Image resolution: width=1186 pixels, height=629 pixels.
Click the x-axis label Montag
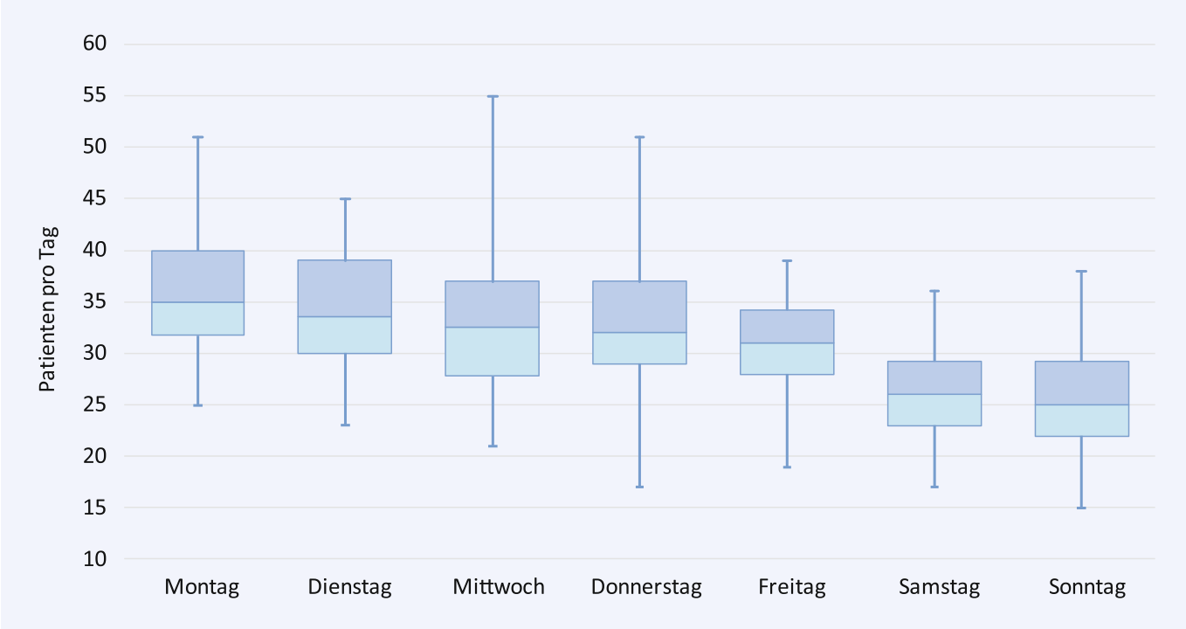click(x=202, y=586)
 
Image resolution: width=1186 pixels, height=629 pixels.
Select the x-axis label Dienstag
click(x=349, y=586)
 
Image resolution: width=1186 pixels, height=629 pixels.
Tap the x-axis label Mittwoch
click(x=498, y=586)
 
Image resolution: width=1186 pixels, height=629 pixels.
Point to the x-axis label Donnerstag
click(x=646, y=586)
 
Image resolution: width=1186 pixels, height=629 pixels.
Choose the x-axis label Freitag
click(x=792, y=586)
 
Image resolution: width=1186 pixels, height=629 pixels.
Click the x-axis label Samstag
click(x=939, y=586)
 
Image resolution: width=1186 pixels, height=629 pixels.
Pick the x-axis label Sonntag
click(x=1086, y=586)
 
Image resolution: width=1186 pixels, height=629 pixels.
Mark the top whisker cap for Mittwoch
click(x=493, y=96)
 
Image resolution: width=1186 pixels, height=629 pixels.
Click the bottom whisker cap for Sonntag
click(x=1081, y=508)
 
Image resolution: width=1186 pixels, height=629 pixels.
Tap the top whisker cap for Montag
click(x=197, y=137)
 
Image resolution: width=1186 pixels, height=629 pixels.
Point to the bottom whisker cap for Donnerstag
click(x=639, y=487)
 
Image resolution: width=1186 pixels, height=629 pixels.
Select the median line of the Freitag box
click(x=787, y=343)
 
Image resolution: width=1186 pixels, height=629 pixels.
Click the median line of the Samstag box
click(x=934, y=394)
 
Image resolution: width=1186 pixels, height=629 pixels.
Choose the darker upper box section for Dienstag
click(x=345, y=288)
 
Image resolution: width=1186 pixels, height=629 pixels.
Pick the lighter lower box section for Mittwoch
click(x=493, y=351)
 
